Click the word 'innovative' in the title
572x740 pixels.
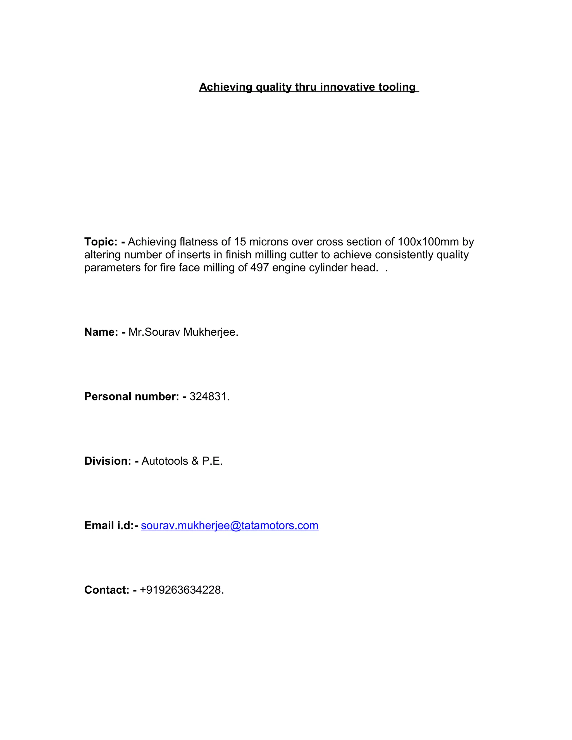pos(347,87)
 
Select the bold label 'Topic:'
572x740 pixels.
pos(101,242)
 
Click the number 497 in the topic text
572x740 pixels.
pos(259,268)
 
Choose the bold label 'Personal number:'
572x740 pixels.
pos(132,397)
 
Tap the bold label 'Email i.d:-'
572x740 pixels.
pos(111,526)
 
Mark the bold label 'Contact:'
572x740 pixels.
pos(107,590)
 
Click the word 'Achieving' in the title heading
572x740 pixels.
pos(226,87)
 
